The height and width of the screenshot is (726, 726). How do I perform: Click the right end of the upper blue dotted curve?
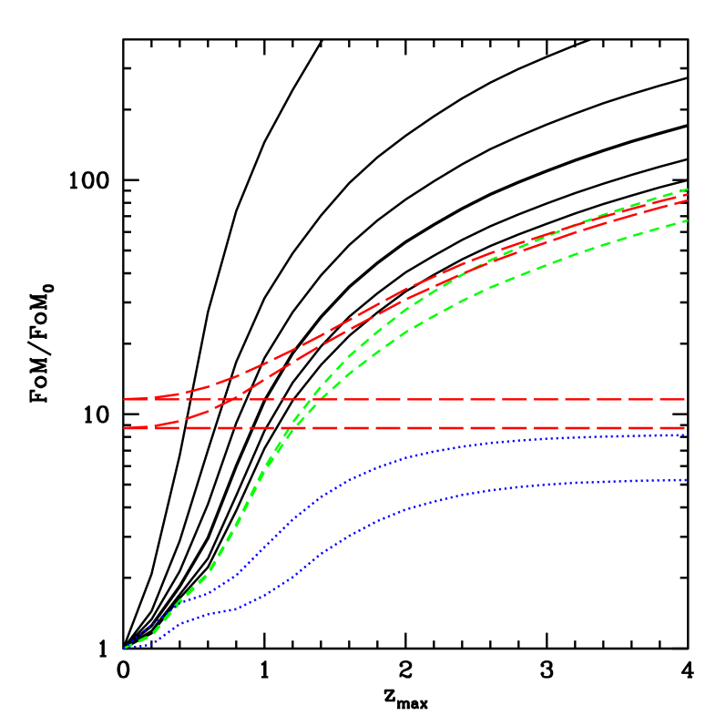[x=685, y=435]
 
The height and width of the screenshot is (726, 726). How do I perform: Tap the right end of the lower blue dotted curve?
[x=685, y=480]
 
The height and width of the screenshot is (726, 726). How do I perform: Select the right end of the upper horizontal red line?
[x=685, y=400]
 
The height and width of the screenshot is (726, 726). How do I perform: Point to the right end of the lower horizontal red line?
[x=685, y=428]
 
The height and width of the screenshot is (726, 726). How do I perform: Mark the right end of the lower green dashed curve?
[x=686, y=220]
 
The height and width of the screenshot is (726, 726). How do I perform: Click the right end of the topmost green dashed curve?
[x=686, y=189]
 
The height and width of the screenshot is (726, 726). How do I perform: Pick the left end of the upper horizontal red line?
[x=125, y=400]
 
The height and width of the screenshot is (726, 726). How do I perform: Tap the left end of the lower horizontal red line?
[x=125, y=428]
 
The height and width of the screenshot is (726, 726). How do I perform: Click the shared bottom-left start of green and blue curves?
[x=125, y=648]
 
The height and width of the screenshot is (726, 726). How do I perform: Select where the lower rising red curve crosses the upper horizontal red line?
[x=236, y=400]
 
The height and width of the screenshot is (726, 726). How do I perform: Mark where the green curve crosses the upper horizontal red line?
[x=311, y=400]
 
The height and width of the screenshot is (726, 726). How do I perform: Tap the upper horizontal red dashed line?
[x=501, y=400]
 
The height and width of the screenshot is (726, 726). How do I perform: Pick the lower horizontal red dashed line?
[x=501, y=428]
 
